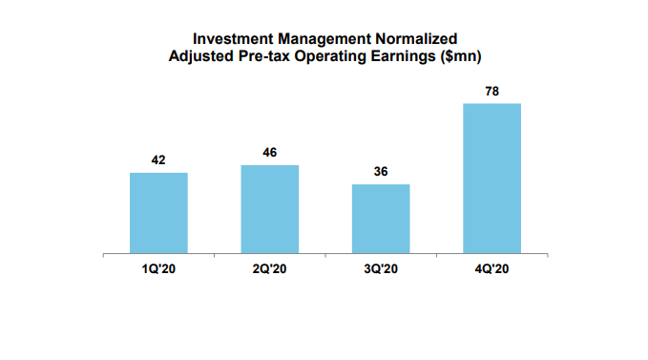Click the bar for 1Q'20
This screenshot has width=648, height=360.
pos(158,214)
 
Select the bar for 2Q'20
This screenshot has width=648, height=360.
pos(270,210)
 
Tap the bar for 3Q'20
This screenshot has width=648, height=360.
pos(381,220)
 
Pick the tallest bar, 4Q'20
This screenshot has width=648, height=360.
pos(492,179)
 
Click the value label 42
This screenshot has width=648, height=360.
pos(158,160)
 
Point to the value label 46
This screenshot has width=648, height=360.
pos(270,153)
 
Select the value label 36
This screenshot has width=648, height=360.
pos(381,172)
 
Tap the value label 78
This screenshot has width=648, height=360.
pos(492,91)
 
